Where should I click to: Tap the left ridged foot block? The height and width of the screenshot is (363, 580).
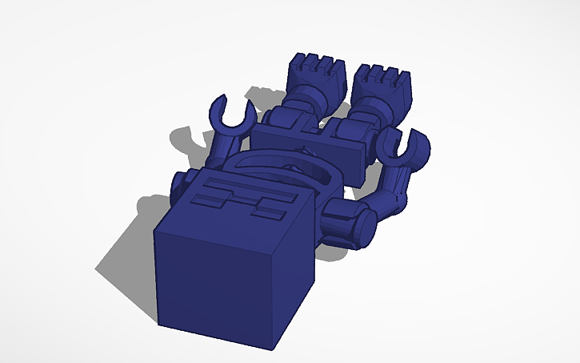tap(314, 73)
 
